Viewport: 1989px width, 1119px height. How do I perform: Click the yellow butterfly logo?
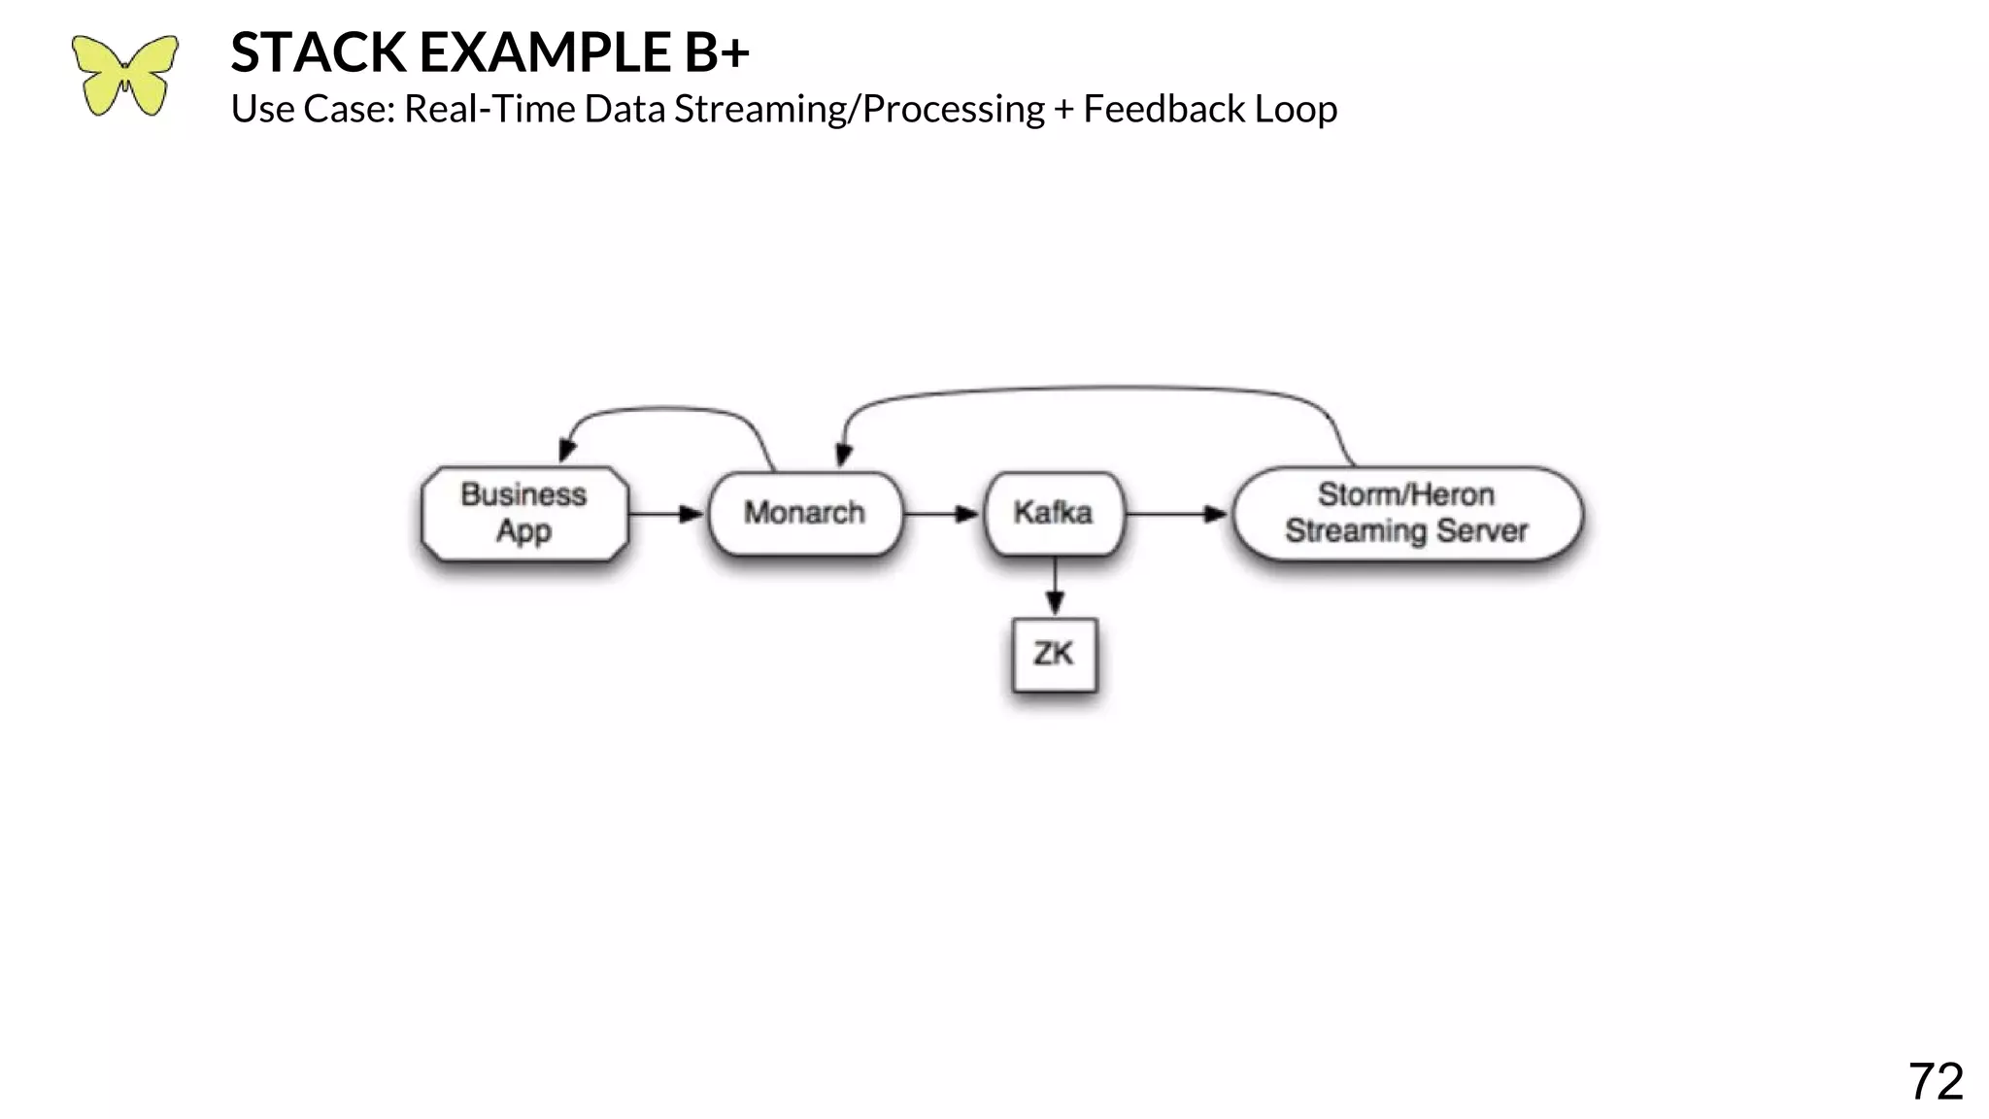(x=124, y=76)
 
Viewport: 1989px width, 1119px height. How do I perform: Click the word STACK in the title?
(x=318, y=52)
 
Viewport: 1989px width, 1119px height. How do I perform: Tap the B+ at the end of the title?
(x=716, y=52)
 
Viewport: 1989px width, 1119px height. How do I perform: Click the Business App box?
(x=524, y=514)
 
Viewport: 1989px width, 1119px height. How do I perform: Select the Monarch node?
(x=805, y=513)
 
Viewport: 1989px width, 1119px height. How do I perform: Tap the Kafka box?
(x=1054, y=513)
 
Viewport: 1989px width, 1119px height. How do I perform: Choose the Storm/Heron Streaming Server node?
(x=1406, y=514)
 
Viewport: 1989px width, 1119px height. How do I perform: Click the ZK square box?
(x=1054, y=655)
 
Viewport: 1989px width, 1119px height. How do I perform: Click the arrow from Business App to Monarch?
(x=666, y=513)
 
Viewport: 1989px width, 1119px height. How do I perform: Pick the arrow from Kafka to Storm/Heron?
(x=1176, y=513)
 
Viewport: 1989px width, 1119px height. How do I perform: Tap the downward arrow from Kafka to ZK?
(x=1055, y=587)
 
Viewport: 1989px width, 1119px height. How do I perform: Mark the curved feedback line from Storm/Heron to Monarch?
(x=1097, y=389)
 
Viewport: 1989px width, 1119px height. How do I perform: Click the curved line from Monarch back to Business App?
(x=670, y=409)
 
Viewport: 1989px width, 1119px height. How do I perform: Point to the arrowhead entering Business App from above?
(x=567, y=451)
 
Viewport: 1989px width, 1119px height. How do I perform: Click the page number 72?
(x=1935, y=1081)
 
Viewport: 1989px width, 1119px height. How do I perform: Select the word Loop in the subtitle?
(x=1296, y=109)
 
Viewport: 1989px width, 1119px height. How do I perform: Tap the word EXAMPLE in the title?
(x=544, y=52)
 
